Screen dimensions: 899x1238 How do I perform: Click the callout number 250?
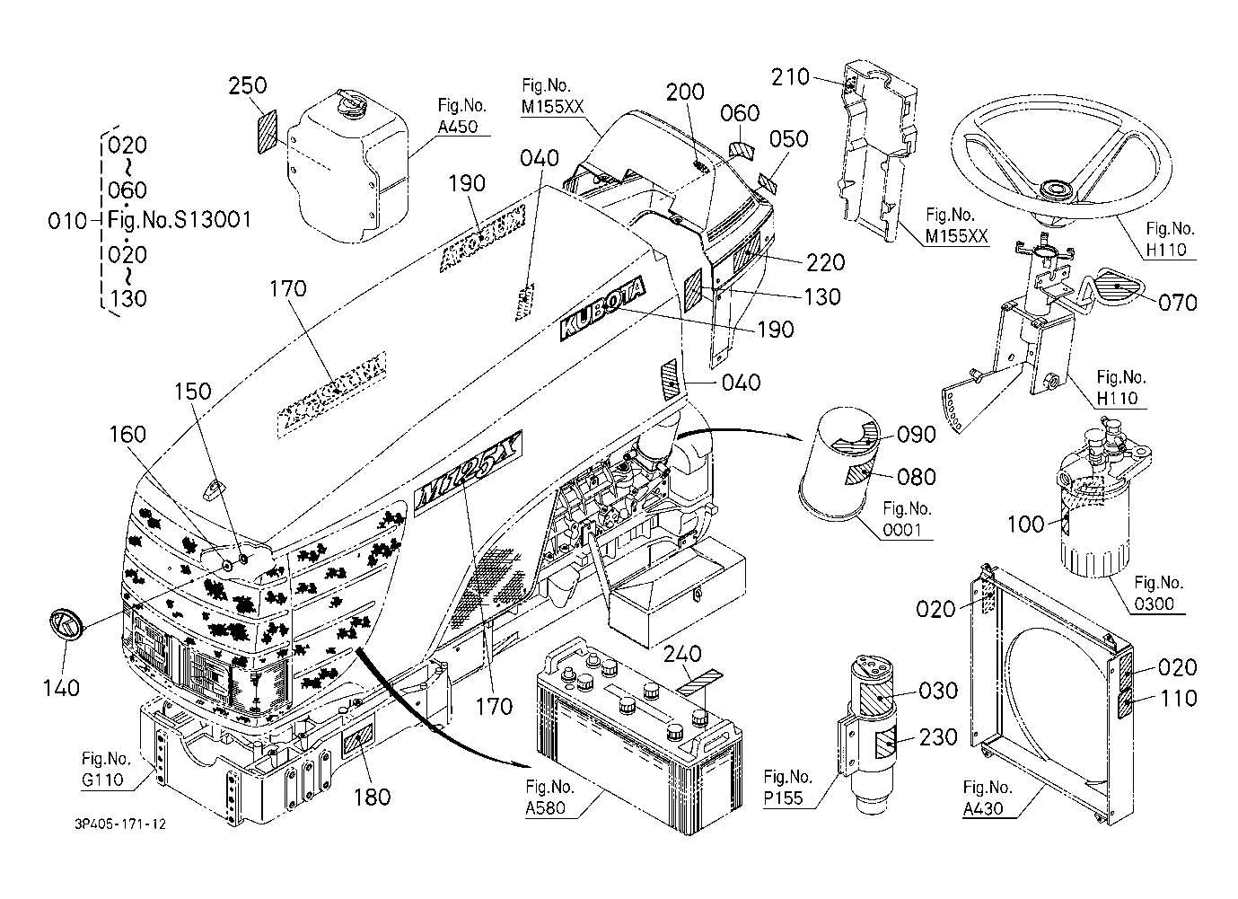(x=248, y=85)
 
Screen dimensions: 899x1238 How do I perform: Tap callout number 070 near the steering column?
(x=1178, y=303)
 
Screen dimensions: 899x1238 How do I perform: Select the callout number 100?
(x=1025, y=523)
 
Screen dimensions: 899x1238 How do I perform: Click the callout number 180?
(x=372, y=796)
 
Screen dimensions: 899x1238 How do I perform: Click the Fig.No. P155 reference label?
(x=789, y=787)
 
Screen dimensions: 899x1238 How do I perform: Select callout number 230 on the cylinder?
(x=938, y=737)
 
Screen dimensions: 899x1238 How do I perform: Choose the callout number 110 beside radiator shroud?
(x=1179, y=698)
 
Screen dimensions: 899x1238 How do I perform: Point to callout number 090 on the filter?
(x=916, y=435)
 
